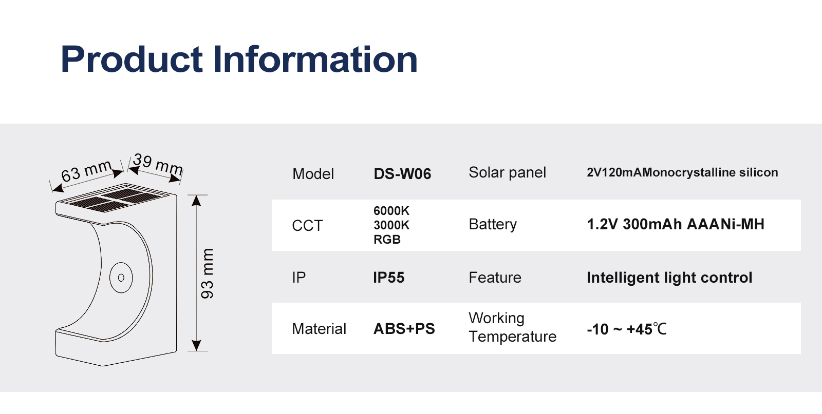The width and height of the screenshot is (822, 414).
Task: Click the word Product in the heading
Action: pos(132,59)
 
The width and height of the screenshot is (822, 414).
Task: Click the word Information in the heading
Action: pos(315,59)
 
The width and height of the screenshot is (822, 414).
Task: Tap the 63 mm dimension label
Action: pos(87,171)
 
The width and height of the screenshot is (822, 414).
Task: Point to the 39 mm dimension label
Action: pos(158,165)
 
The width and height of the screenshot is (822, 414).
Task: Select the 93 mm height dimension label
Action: pos(207,273)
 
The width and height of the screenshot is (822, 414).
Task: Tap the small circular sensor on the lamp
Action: pos(121,278)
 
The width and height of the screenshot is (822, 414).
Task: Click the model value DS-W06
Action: pos(402,174)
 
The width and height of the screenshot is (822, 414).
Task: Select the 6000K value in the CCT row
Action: pos(391,211)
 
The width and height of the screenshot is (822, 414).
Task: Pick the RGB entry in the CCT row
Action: pos(387,239)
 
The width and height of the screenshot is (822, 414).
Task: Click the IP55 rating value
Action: pos(388,278)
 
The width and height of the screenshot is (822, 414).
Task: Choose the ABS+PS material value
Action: pos(404,329)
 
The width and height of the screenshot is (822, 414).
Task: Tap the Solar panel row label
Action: pos(507,172)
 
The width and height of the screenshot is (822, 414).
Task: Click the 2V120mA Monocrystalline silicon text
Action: pos(682,172)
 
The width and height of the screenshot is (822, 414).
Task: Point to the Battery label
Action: pos(493,224)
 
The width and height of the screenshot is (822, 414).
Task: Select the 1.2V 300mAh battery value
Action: pos(676,224)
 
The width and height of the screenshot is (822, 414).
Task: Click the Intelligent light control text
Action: pos(669,278)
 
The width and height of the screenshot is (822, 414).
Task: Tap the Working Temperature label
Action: pos(512,327)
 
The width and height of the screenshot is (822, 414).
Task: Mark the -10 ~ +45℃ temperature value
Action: pos(626,329)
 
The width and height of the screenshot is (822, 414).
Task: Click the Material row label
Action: pos(319,329)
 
